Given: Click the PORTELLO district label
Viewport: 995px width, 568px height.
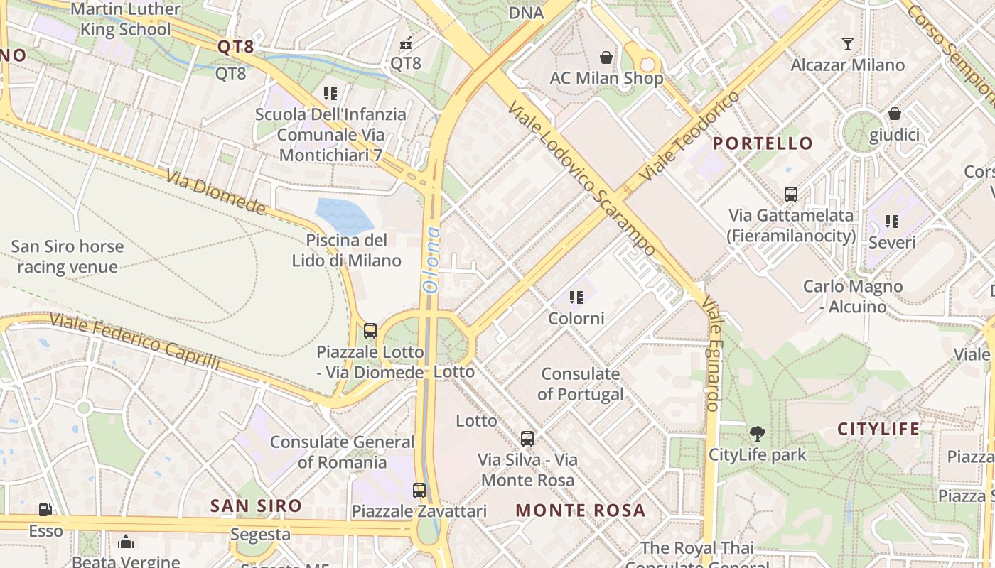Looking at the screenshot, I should click(x=763, y=143).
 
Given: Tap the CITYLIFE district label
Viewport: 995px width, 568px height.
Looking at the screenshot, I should click(x=878, y=429).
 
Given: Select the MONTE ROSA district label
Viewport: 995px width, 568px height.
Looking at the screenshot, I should click(x=580, y=510).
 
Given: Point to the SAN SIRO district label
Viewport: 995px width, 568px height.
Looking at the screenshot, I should click(x=256, y=506).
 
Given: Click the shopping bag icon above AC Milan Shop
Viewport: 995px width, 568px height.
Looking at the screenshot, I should click(x=606, y=57).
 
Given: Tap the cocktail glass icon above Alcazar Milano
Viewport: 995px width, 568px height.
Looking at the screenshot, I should click(x=847, y=44).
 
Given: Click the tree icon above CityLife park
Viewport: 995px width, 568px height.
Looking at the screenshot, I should click(x=757, y=433).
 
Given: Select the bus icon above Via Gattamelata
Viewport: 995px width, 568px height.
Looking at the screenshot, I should click(x=790, y=194).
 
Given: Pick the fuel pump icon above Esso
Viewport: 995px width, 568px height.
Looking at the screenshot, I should click(x=45, y=509).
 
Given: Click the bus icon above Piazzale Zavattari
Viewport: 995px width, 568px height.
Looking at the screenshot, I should click(x=419, y=490).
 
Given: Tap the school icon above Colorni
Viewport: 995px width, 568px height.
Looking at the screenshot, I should click(x=576, y=297).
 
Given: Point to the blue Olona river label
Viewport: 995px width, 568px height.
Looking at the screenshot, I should click(x=431, y=260).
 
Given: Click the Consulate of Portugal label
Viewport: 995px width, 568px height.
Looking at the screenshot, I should click(x=580, y=383).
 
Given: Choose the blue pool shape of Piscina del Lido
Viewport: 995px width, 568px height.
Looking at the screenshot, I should click(x=344, y=215).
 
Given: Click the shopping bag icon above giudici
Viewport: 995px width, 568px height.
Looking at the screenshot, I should click(x=894, y=114).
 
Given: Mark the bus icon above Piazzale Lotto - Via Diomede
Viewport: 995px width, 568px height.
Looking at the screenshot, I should click(x=370, y=330).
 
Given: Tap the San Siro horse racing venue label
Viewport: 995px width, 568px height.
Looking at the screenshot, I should click(x=67, y=257).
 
